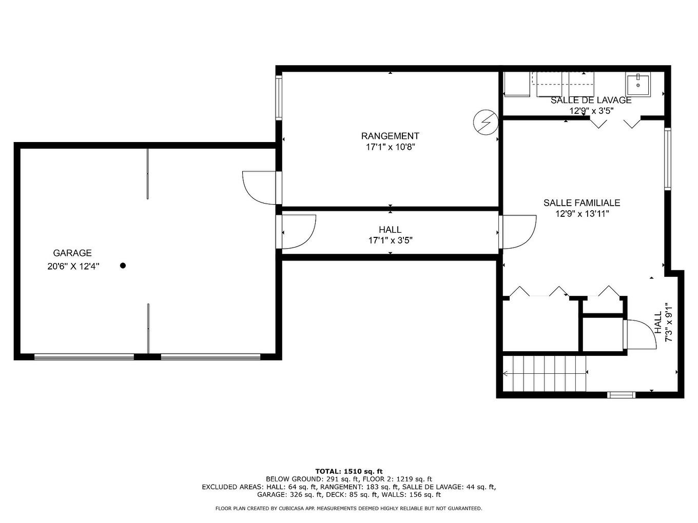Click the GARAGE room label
click(x=72, y=253)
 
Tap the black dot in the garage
click(x=123, y=266)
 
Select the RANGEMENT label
click(x=390, y=136)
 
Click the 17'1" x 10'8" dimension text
click(x=390, y=147)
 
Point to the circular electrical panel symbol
click(x=485, y=122)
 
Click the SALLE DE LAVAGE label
click(x=591, y=100)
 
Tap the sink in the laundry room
click(x=637, y=84)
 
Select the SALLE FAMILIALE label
click(x=581, y=203)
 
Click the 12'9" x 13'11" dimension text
click(x=581, y=214)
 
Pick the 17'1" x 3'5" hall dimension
click(x=390, y=240)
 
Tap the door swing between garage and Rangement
click(x=259, y=187)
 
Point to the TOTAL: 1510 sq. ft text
click(x=348, y=471)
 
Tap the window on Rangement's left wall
click(x=279, y=98)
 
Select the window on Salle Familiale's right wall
click(x=667, y=159)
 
